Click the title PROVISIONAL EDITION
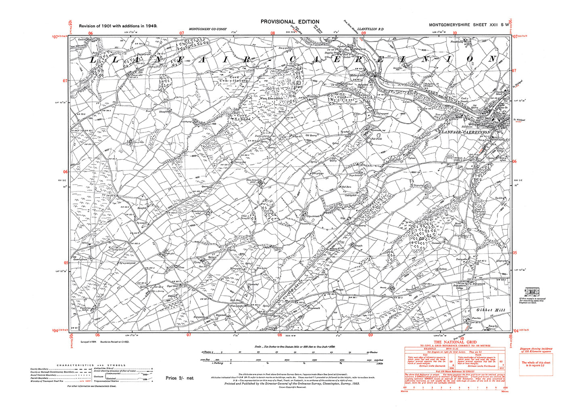[290, 22]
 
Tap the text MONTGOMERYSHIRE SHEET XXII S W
[469, 25]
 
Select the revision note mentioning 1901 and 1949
[118, 26]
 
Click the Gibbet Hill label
[490, 310]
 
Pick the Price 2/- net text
[179, 378]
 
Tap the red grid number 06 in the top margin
[91, 33]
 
